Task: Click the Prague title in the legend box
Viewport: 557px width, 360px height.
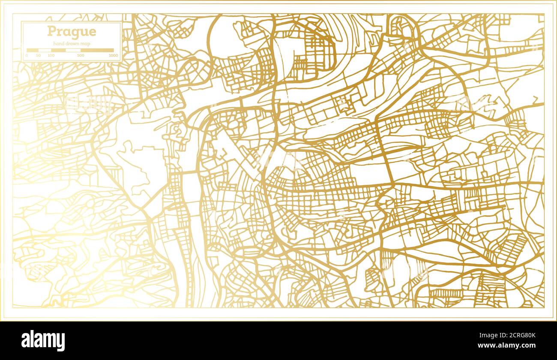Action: pos(72,32)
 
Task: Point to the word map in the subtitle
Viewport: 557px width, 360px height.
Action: pos(85,44)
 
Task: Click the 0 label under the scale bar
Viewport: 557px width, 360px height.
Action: pos(27,56)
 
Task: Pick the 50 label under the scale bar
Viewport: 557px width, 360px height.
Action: pos(39,56)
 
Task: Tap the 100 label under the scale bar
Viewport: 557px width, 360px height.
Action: pos(51,56)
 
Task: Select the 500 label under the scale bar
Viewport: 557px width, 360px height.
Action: pos(81,56)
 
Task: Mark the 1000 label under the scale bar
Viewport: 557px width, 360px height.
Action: pos(113,56)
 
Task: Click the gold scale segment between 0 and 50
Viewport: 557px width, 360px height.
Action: pos(33,50)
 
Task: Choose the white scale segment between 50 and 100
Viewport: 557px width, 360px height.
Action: pos(45,50)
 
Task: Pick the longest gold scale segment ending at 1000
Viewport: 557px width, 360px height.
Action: pos(97,50)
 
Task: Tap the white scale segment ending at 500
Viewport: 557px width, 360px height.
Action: pos(73,50)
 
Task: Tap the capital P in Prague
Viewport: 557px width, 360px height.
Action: pos(51,32)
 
